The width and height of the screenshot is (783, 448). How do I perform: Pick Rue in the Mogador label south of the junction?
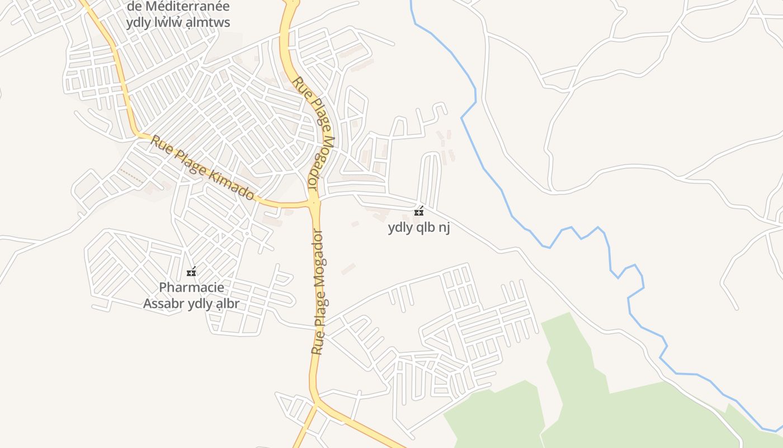[317, 342]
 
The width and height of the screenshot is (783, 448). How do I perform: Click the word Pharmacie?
[191, 287]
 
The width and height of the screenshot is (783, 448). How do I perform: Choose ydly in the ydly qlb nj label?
[400, 227]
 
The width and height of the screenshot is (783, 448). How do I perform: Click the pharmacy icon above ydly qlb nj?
[418, 212]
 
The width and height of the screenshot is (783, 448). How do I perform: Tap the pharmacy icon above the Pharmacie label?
[191, 272]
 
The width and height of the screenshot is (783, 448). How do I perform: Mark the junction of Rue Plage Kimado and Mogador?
[314, 203]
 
